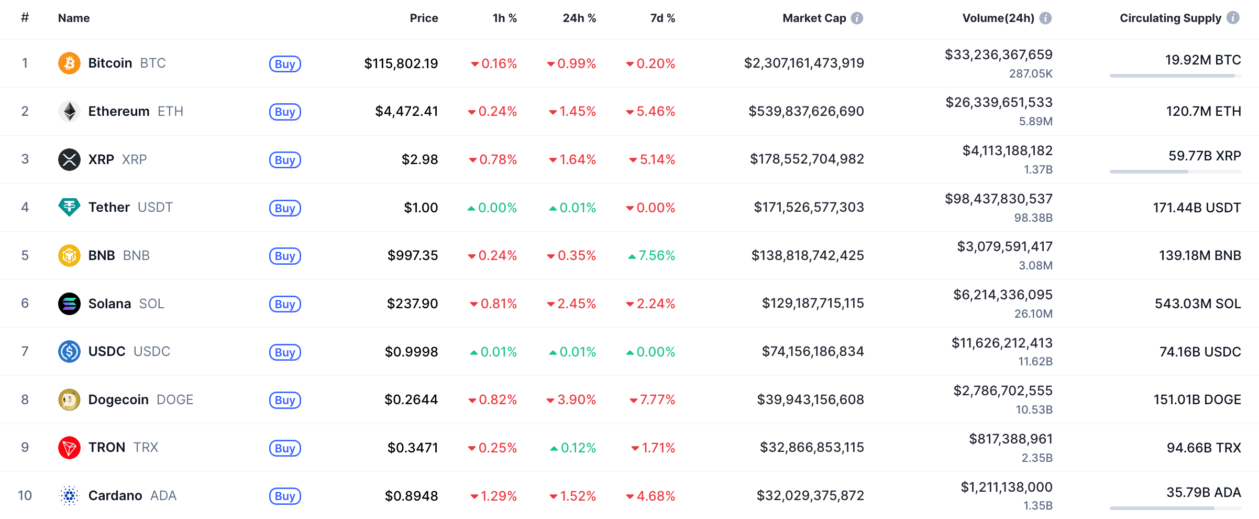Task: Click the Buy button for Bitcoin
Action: click(x=285, y=64)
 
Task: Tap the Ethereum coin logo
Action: click(x=69, y=111)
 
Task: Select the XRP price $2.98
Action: click(x=419, y=159)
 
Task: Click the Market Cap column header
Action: click(x=814, y=18)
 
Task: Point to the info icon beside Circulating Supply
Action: click(x=1233, y=18)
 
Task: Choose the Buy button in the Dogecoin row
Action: click(x=285, y=400)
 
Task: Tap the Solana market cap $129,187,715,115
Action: click(x=813, y=304)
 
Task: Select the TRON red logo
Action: click(x=69, y=448)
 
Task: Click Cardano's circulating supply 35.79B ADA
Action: click(x=1203, y=493)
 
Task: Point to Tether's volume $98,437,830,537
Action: click(x=998, y=199)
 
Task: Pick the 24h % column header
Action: click(x=579, y=18)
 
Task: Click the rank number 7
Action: click(x=25, y=352)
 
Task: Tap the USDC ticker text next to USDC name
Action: click(x=152, y=352)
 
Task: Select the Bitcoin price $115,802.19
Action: click(x=401, y=64)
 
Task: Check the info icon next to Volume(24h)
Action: click(x=1045, y=18)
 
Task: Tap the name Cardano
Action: click(x=115, y=496)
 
